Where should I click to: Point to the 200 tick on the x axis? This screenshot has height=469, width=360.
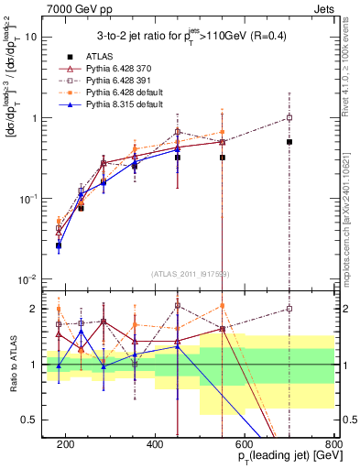66,444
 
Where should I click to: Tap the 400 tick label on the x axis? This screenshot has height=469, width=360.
155,444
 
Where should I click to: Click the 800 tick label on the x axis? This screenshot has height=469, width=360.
333,444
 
